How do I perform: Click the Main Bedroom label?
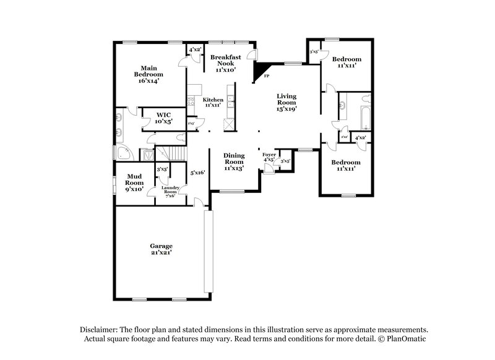(x=147, y=74)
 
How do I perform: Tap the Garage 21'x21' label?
(x=160, y=249)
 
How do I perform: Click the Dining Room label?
(x=234, y=161)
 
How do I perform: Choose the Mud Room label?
(x=134, y=182)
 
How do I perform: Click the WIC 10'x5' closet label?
(x=163, y=118)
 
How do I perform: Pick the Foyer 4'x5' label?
(x=269, y=157)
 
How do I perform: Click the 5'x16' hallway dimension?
(x=197, y=173)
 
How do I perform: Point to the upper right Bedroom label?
(x=346, y=62)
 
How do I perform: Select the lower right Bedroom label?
(x=346, y=165)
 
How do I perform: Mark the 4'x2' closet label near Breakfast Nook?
(x=194, y=49)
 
